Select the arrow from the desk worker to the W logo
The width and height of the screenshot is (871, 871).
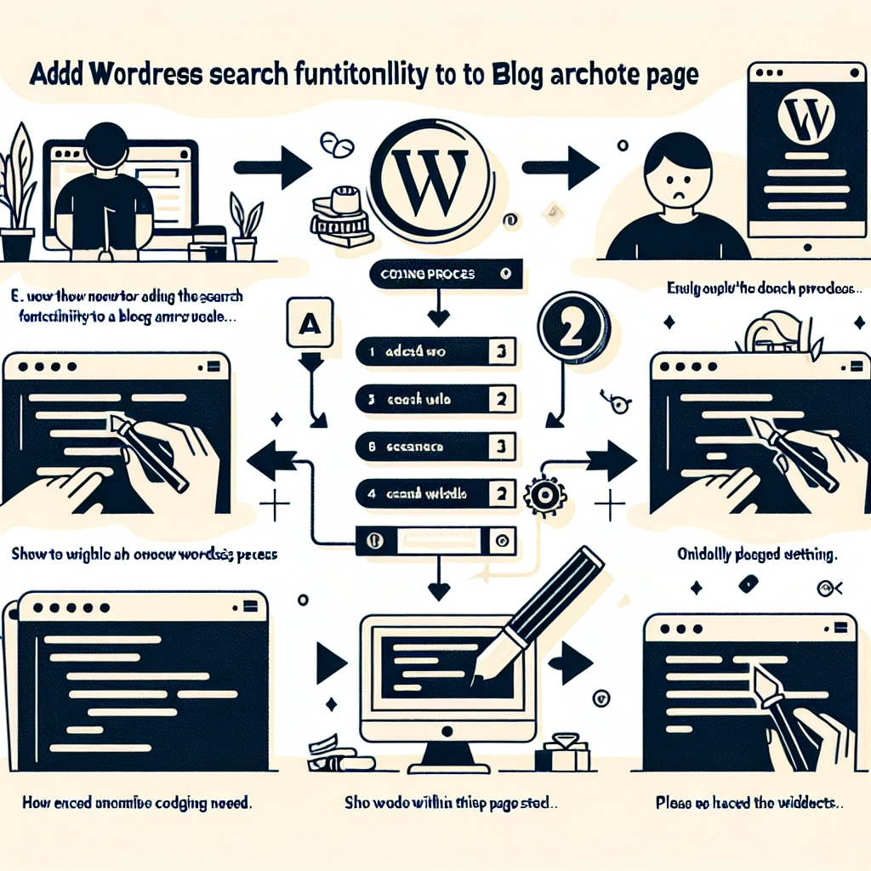coord(272,167)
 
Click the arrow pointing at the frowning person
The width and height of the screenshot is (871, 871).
coord(561,167)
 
